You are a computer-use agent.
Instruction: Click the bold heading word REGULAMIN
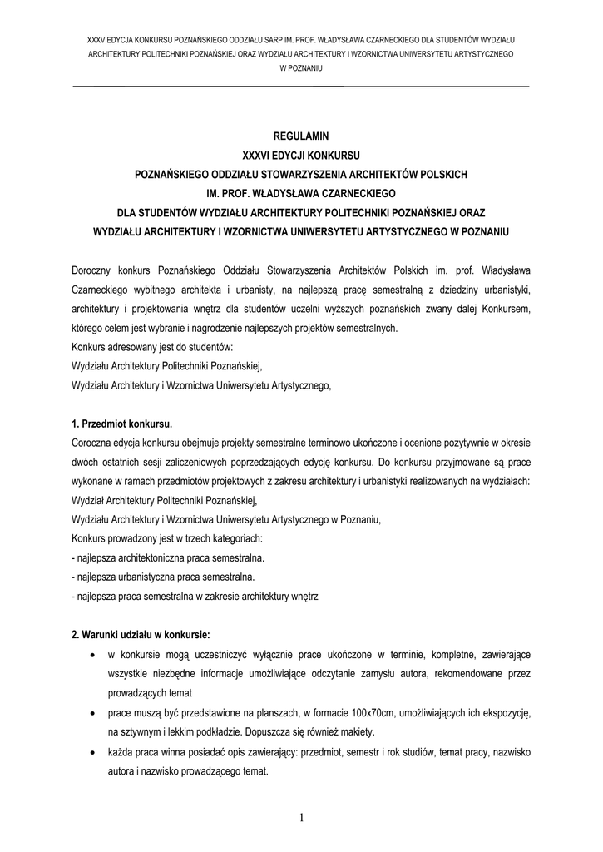(x=302, y=135)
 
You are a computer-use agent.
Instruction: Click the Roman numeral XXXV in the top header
(x=100, y=39)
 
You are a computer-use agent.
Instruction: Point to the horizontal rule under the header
(x=302, y=87)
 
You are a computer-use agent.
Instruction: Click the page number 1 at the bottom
(x=302, y=818)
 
